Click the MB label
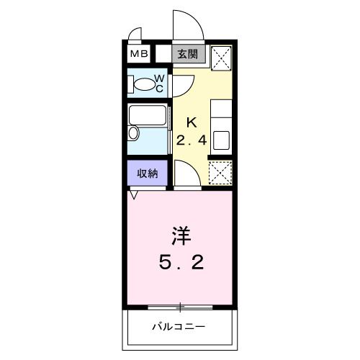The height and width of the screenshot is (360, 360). click(x=139, y=54)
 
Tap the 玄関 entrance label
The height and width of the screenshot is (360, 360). click(x=189, y=53)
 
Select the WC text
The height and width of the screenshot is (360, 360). click(x=160, y=84)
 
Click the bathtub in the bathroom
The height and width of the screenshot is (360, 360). click(x=148, y=117)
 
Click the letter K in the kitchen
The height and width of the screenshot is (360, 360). click(x=192, y=122)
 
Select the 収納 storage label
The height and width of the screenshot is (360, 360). click(x=148, y=173)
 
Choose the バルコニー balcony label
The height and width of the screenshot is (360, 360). click(x=179, y=327)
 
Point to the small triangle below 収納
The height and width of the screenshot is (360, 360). click(x=134, y=193)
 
